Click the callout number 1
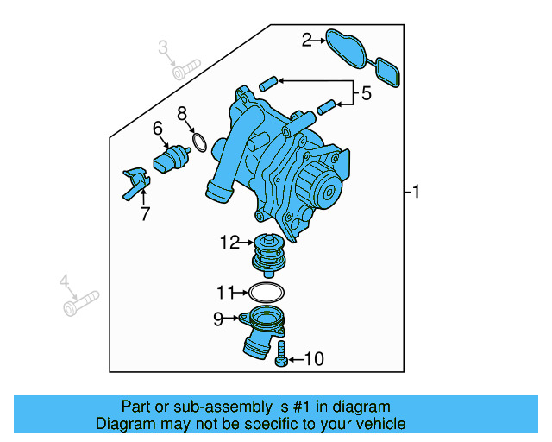(416, 192)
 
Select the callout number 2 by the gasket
(306, 39)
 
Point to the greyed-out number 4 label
(63, 281)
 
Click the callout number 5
(366, 94)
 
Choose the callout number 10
(314, 358)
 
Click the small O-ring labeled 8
(198, 142)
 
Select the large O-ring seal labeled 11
(267, 291)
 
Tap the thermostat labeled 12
(267, 256)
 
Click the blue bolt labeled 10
(282, 355)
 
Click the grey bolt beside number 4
(81, 302)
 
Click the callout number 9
(218, 319)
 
